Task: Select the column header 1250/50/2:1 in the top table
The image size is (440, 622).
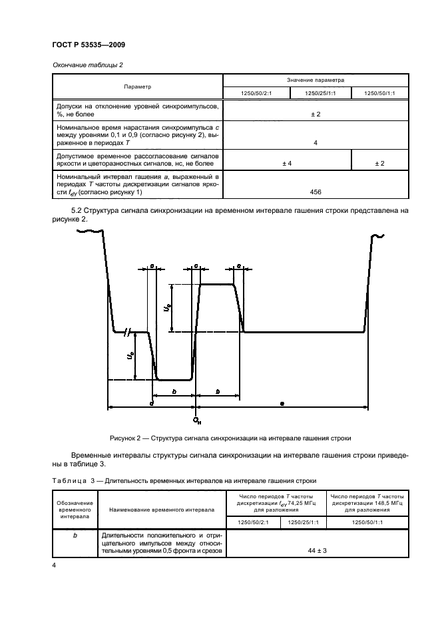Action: click(x=251, y=93)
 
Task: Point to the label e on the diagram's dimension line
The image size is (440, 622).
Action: click(x=282, y=404)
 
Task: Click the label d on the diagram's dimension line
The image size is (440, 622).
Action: click(x=152, y=404)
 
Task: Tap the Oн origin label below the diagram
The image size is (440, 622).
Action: click(x=196, y=420)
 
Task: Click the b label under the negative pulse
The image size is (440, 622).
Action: click(x=174, y=392)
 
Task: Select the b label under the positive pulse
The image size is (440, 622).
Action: click(x=218, y=392)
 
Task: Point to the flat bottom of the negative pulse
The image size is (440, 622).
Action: click(x=174, y=380)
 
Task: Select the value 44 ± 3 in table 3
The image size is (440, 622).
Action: click(x=316, y=551)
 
